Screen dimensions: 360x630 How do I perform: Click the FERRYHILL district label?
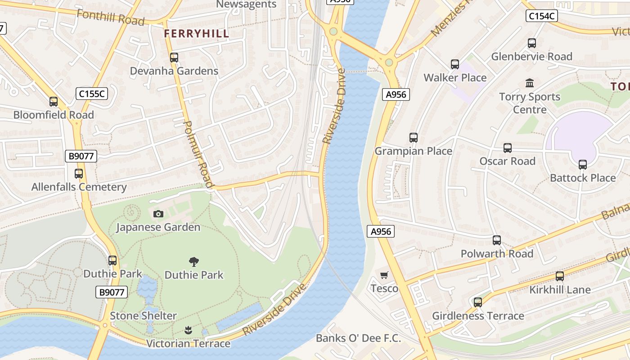coord(196,33)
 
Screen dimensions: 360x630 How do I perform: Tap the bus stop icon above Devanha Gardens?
coord(174,58)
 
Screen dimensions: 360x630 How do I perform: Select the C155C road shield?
coord(91,94)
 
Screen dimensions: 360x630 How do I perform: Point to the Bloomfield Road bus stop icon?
coord(54,102)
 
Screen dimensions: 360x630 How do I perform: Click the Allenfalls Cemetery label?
coord(79,187)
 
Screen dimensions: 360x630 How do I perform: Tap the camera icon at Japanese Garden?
coord(158,214)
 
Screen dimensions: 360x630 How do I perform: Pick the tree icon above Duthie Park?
coord(194,261)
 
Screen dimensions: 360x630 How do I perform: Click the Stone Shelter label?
coord(143,316)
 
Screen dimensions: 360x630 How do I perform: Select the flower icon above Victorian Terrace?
coord(188,331)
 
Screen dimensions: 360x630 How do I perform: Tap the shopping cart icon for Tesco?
coord(384,275)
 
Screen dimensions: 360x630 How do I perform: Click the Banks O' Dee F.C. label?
coord(358,338)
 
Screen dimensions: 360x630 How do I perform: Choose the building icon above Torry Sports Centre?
coord(530,83)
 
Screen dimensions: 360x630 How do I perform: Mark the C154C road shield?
coord(542,16)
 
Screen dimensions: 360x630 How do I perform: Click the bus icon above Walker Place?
coord(455,64)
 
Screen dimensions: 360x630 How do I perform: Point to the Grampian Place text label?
coord(414,151)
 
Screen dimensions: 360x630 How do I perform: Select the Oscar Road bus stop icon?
coord(508,148)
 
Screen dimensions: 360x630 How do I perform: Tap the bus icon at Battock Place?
coord(583,165)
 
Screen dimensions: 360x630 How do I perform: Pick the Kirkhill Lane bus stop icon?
coord(560,276)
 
